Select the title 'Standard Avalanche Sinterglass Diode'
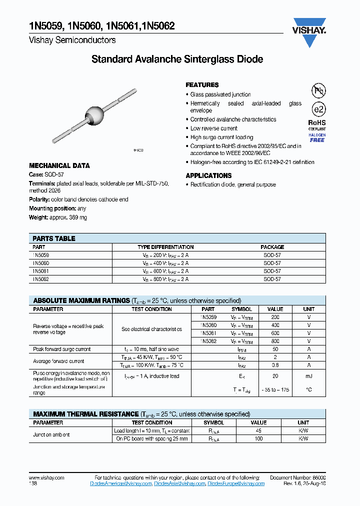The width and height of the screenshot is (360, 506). pyautogui.click(x=177, y=59)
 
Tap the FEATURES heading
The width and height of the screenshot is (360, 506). pyautogui.click(x=202, y=85)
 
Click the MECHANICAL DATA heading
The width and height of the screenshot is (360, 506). pyautogui.click(x=59, y=165)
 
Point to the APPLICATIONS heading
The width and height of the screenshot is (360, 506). pyautogui.click(x=208, y=175)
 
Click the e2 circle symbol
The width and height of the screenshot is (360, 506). pyautogui.click(x=317, y=109)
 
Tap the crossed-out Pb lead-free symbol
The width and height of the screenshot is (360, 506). pyautogui.click(x=317, y=91)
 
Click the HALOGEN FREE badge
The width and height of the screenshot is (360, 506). pyautogui.click(x=317, y=137)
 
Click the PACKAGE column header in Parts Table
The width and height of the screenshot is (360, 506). pyautogui.click(x=272, y=247)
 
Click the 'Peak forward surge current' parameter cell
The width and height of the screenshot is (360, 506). pyautogui.click(x=62, y=349)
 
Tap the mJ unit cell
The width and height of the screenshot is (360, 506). pyautogui.click(x=308, y=376)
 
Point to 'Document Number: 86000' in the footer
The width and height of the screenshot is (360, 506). pyautogui.click(x=297, y=478)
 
